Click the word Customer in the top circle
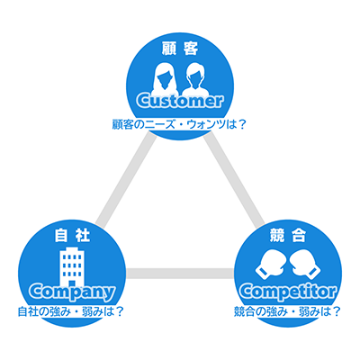coord(180,101)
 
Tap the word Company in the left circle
coord(72,292)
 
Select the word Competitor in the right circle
coord(288,292)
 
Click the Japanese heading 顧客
coord(180,49)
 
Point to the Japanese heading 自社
coord(72,236)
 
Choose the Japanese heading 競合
coord(288,236)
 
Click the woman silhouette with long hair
coord(165,78)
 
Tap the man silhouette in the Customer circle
coord(195,78)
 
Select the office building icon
coord(72,267)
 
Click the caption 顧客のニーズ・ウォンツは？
coord(179,124)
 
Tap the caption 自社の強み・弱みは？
coord(71,311)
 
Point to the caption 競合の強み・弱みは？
coord(287,311)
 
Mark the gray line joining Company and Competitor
coord(180,273)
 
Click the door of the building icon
coord(72,283)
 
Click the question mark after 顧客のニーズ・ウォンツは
coord(242,124)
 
